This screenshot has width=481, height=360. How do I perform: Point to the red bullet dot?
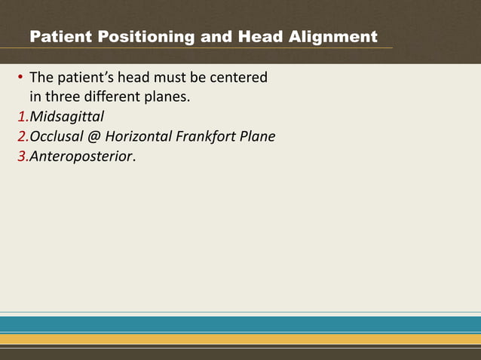click(x=20, y=78)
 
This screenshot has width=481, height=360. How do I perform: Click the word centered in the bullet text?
click(x=237, y=78)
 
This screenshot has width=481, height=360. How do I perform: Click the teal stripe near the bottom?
click(x=240, y=324)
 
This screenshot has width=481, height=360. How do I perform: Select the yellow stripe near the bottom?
click(x=240, y=340)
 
